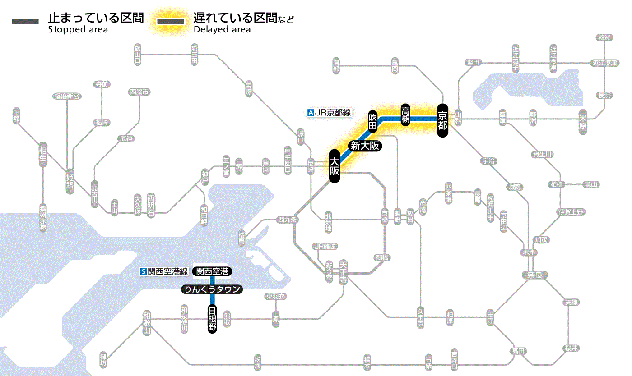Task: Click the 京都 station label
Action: pyautogui.click(x=442, y=120)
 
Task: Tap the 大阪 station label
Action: pyautogui.click(x=334, y=166)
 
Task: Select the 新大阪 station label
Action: pyautogui.click(x=365, y=146)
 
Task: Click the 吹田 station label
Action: pyautogui.click(x=372, y=121)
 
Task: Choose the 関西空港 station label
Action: pyautogui.click(x=212, y=271)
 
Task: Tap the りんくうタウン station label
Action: pyautogui.click(x=212, y=289)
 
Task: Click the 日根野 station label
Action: pyautogui.click(x=212, y=319)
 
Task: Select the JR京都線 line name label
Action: pyautogui.click(x=329, y=113)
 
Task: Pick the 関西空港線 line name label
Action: pyautogui.click(x=164, y=271)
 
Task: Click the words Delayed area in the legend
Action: pyautogui.click(x=222, y=30)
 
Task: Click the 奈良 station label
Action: pyautogui.click(x=534, y=275)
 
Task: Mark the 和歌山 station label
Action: pyautogui.click(x=147, y=323)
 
